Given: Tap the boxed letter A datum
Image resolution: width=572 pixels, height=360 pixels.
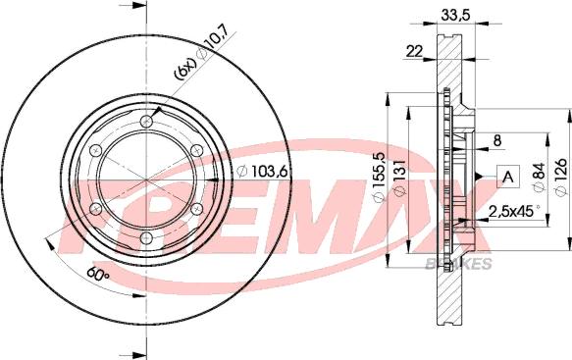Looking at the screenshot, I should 506,177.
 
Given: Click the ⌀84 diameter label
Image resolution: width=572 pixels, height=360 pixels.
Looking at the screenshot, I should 537,178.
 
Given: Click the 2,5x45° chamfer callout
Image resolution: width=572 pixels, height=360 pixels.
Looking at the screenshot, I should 514,211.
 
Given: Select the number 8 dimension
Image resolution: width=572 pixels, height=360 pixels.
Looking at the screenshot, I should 497,140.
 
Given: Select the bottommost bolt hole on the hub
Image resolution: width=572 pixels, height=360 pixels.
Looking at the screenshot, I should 146,239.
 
